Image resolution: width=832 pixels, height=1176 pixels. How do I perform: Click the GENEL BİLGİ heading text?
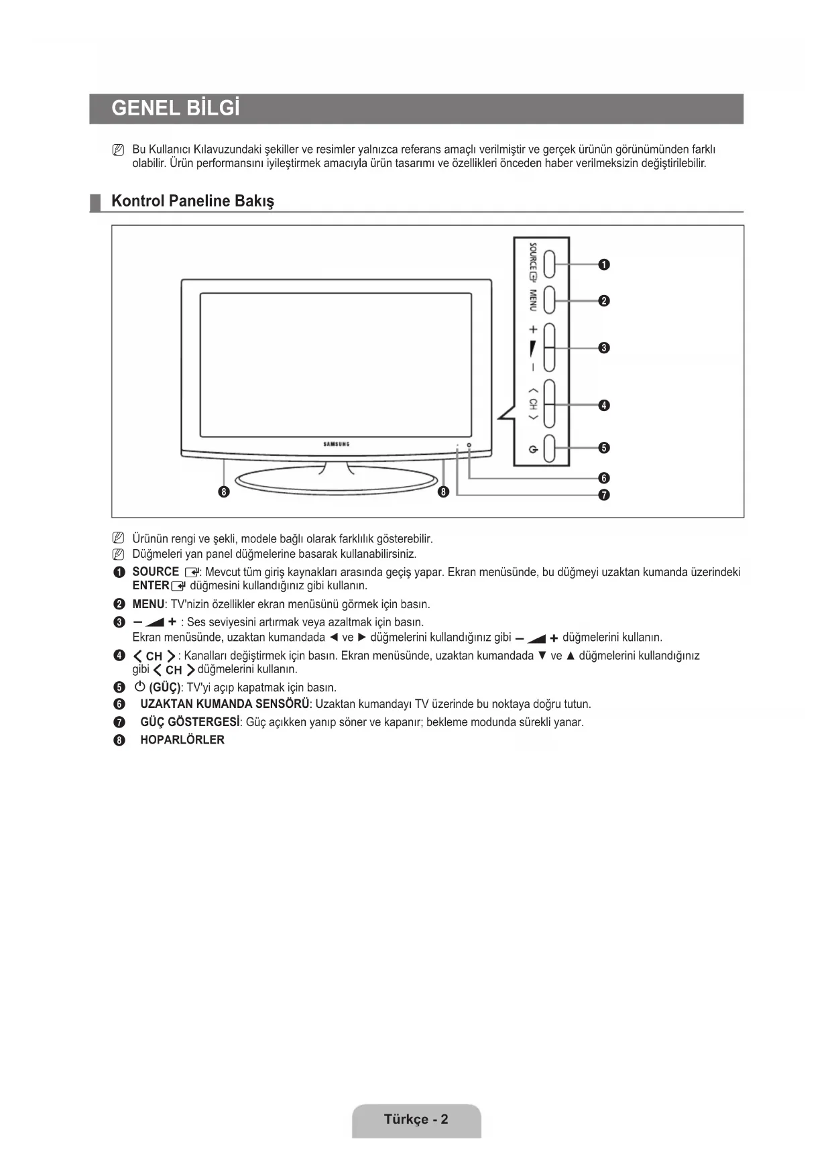click(x=175, y=109)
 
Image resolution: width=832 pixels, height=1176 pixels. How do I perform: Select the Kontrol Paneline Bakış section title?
click(x=192, y=201)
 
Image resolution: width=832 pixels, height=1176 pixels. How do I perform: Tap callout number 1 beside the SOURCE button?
click(x=604, y=265)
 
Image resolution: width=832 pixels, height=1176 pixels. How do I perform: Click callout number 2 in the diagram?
click(x=604, y=301)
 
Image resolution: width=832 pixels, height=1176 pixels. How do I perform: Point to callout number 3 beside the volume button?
click(x=604, y=348)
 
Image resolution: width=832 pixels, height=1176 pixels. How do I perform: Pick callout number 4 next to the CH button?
click(x=604, y=405)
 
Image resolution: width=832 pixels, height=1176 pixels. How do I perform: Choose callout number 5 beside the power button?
click(x=604, y=448)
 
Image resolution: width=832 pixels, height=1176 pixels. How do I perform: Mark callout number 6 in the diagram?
click(x=604, y=478)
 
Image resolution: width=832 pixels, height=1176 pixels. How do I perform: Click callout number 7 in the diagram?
click(x=604, y=495)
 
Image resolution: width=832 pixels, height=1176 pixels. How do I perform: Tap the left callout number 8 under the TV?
click(x=225, y=493)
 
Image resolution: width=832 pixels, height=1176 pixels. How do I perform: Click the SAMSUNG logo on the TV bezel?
click(x=337, y=444)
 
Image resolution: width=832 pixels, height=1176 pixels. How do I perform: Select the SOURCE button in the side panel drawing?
click(x=549, y=264)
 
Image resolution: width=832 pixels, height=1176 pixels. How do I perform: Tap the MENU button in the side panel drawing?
click(x=549, y=300)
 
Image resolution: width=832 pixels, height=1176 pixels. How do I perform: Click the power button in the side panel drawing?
click(x=549, y=449)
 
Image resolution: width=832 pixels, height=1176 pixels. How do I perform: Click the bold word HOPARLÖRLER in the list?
click(x=182, y=740)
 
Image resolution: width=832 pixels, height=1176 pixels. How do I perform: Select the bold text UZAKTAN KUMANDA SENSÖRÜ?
click(x=225, y=704)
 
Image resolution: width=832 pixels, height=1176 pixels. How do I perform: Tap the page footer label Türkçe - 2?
click(x=416, y=1119)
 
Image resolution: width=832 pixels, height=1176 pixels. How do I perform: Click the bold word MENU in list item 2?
click(x=148, y=604)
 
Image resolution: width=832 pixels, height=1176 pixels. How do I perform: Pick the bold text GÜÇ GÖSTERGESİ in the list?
click(x=190, y=722)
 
